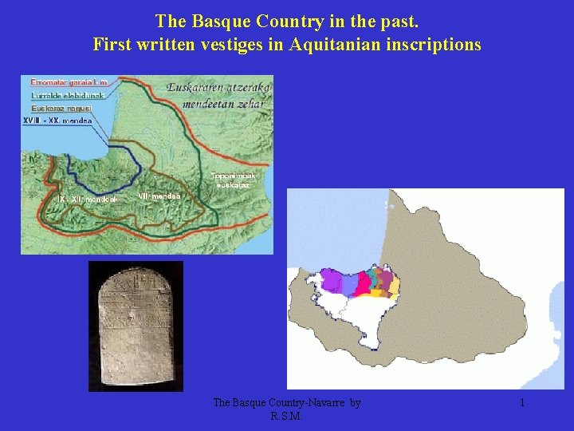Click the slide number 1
click(x=522, y=403)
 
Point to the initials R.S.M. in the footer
click(x=287, y=416)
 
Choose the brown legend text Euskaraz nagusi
click(x=61, y=107)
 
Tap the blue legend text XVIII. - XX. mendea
click(x=57, y=121)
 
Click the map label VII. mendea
click(x=159, y=196)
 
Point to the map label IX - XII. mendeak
click(x=88, y=199)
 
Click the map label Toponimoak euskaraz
click(x=233, y=180)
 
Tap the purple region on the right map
click(x=330, y=281)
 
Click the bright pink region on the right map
click(x=364, y=284)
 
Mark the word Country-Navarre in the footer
click(x=307, y=403)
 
